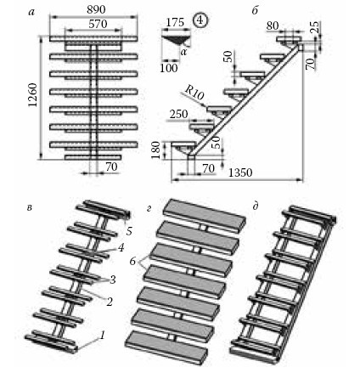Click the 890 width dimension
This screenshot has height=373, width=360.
point(96,9)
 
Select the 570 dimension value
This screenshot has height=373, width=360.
point(98,24)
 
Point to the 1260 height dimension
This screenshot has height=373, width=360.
point(33,95)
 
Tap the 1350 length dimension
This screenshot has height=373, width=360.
point(240,172)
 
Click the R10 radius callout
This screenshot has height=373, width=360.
point(194,93)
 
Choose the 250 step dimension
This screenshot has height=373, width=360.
point(178,114)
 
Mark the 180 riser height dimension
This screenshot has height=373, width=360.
point(156,150)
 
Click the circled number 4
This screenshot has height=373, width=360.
point(200,20)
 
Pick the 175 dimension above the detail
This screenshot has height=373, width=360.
point(175,22)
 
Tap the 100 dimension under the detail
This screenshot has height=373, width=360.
point(169,68)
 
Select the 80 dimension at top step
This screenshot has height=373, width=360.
point(273,26)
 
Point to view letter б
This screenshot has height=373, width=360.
point(255,11)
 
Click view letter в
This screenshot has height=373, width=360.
point(29,207)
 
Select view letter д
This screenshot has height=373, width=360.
point(256,206)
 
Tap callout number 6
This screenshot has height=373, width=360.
point(132,262)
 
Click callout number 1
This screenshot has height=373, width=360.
point(103,336)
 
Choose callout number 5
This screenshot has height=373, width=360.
point(129,231)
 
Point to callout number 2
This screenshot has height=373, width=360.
point(110,302)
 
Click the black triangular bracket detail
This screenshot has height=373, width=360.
point(176,40)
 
